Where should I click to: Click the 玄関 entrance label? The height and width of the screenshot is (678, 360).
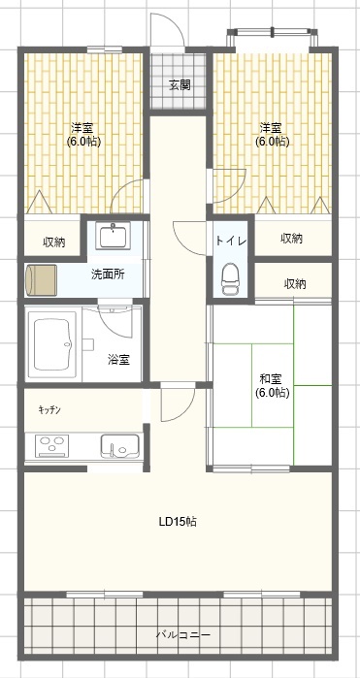click(180, 85)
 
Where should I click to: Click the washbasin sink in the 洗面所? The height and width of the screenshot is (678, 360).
click(113, 236)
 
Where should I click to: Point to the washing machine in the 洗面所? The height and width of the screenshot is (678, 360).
click(41, 280)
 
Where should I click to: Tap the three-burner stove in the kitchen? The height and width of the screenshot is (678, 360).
click(51, 446)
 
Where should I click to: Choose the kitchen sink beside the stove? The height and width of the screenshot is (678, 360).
click(120, 446)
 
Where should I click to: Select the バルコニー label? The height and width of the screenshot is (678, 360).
click(183, 634)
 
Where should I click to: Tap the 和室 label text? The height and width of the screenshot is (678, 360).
click(271, 379)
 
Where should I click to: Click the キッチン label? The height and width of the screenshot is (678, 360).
click(49, 410)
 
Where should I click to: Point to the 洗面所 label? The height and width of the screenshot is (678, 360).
click(108, 274)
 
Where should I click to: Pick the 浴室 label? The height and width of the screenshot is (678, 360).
click(118, 359)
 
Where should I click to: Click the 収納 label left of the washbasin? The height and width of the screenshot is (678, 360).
click(53, 242)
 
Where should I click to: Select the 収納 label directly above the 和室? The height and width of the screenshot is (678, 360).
click(295, 283)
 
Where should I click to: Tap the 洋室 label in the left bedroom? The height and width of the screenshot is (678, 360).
click(82, 128)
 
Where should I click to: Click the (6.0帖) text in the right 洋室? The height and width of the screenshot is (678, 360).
click(272, 141)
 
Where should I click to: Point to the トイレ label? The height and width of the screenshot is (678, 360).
click(231, 241)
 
